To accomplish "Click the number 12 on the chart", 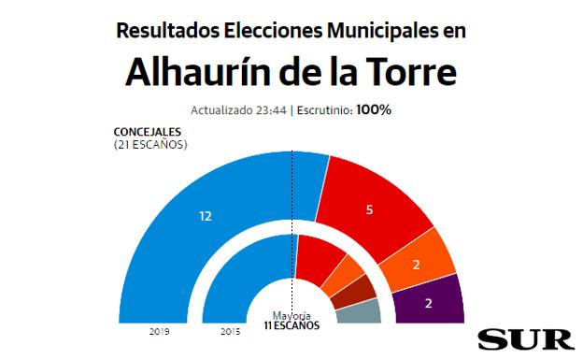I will [206, 216].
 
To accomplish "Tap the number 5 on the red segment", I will [370, 209].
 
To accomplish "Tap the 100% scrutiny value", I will [374, 109].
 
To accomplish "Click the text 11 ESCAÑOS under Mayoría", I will [291, 325].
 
